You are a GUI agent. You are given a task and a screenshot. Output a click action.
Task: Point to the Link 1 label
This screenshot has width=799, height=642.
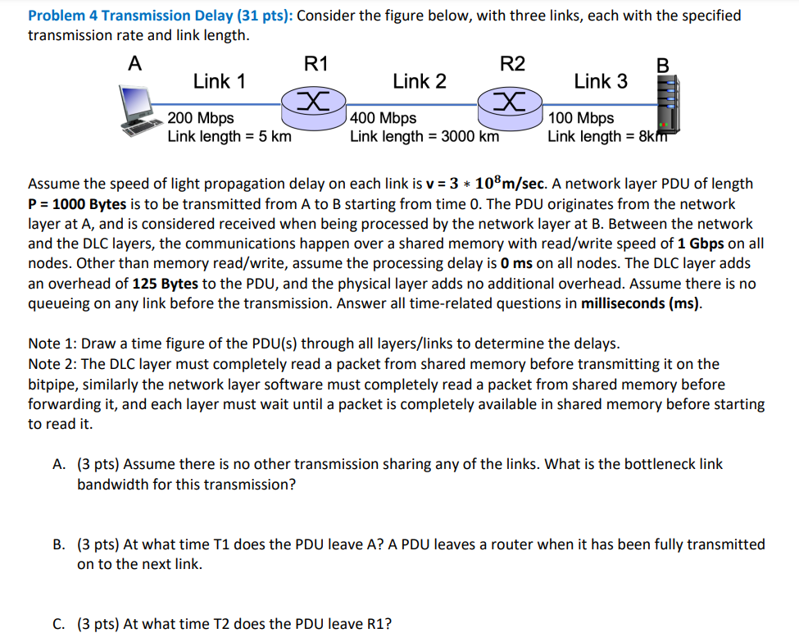219,81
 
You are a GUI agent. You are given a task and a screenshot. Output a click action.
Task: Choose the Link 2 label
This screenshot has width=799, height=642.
420,81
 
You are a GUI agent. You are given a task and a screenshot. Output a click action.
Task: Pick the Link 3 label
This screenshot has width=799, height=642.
601,81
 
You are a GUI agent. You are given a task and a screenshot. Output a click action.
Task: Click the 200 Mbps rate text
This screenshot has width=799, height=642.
201,120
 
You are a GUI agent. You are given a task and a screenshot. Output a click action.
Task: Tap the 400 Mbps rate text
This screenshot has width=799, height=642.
383,120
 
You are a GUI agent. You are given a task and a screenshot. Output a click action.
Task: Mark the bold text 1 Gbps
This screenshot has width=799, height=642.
700,244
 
